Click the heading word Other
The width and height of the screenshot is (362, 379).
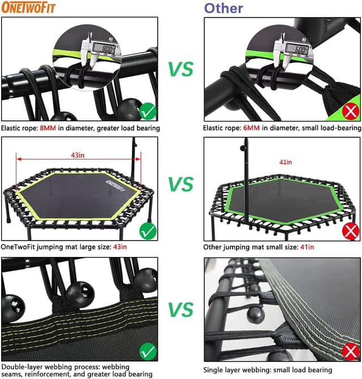pyautogui.click(x=223, y=8)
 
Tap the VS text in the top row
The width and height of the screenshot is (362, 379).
pyautogui.click(x=180, y=69)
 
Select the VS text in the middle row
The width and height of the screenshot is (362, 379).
pyautogui.click(x=180, y=185)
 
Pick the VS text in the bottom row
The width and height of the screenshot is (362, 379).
pyautogui.click(x=180, y=309)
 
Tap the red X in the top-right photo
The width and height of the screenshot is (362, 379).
pyautogui.click(x=351, y=111)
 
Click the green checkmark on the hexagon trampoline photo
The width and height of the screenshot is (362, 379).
pyautogui.click(x=148, y=230)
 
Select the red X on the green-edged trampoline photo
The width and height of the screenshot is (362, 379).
pyautogui.click(x=351, y=230)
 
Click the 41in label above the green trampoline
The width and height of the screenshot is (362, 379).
pyautogui.click(x=286, y=163)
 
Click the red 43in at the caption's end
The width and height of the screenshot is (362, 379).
pyautogui.click(x=119, y=246)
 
